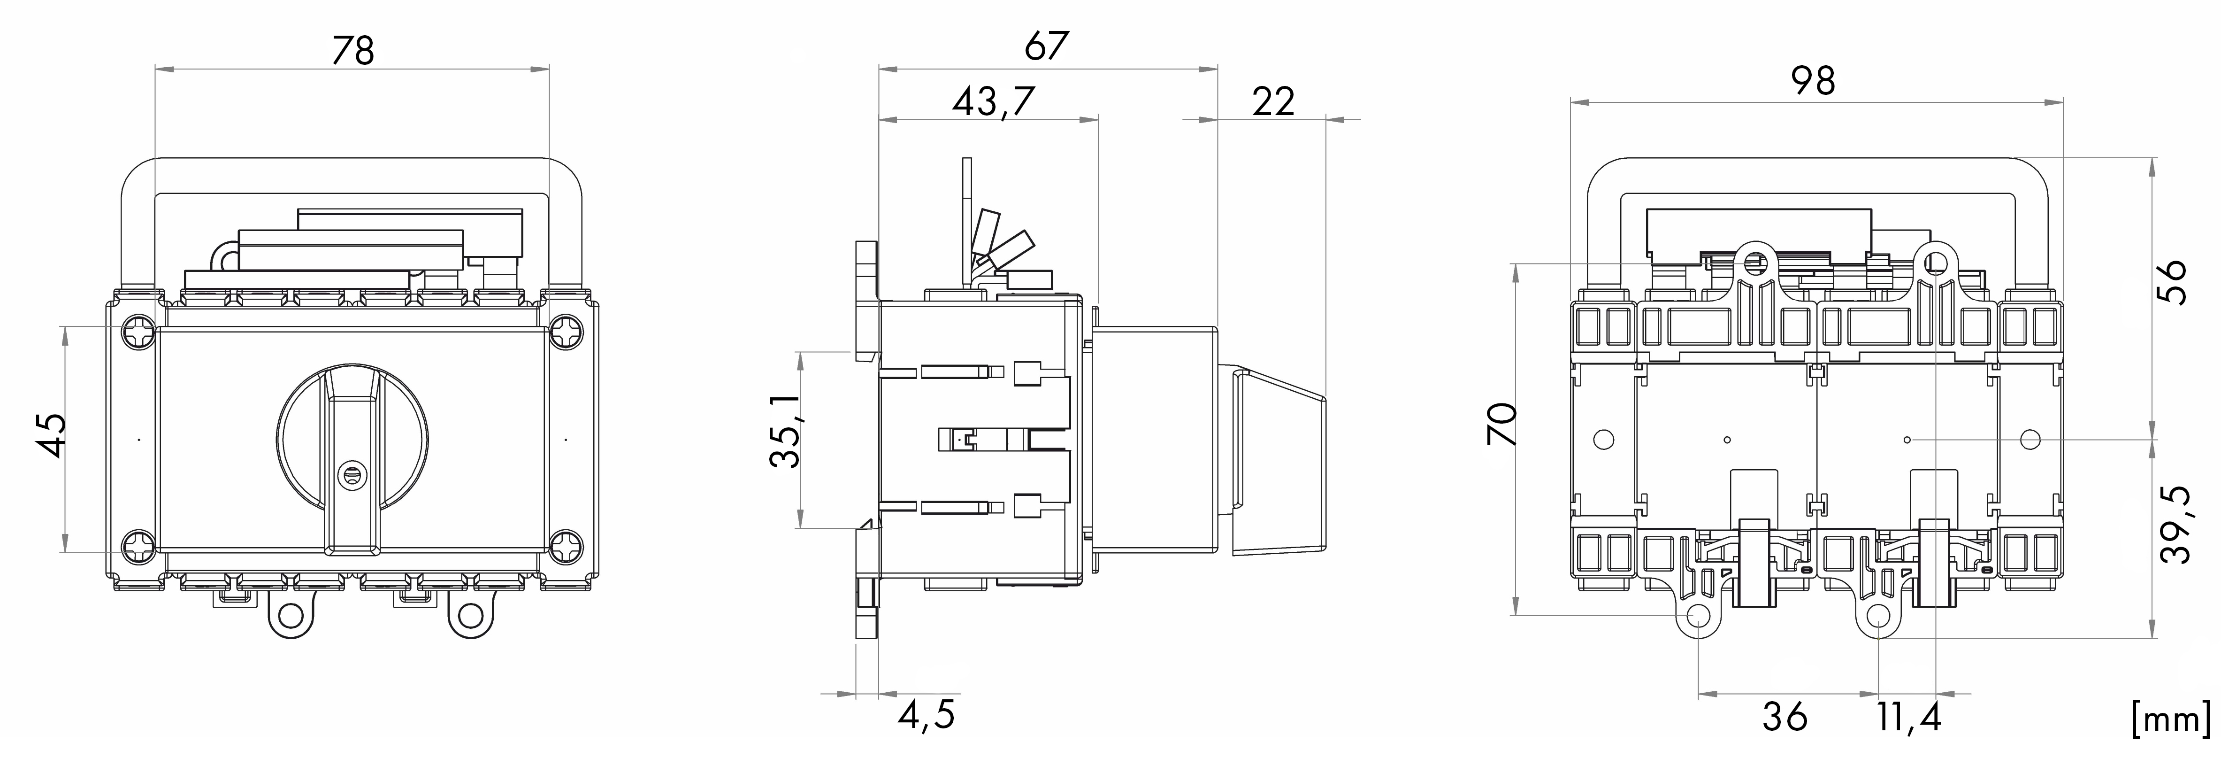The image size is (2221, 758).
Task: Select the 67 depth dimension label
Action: coord(1046,46)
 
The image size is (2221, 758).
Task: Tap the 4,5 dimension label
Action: coord(926,715)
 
